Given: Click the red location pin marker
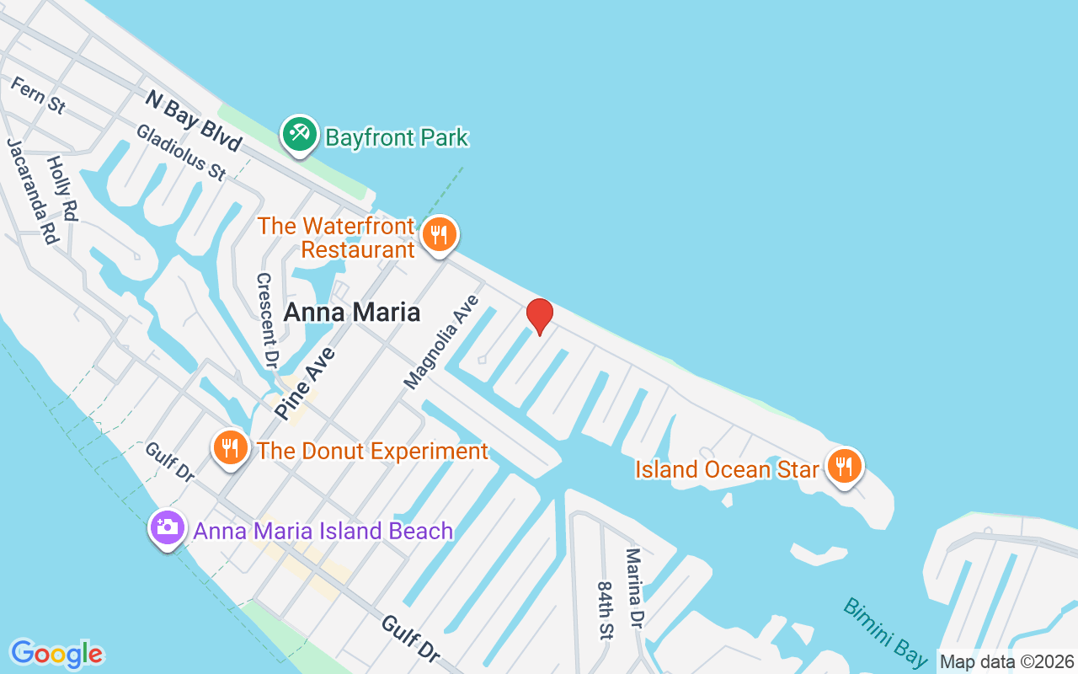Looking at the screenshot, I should (539, 316).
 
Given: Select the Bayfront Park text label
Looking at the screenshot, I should (396, 137).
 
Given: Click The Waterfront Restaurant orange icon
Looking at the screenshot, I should (438, 234).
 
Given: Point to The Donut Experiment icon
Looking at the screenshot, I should (229, 447).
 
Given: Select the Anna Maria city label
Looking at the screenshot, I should (351, 313).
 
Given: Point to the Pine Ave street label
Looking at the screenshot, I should (299, 382).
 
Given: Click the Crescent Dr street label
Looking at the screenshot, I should (267, 321).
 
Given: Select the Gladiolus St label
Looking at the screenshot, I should (181, 152).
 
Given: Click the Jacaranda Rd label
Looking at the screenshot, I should (33, 191).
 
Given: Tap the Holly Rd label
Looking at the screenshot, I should (61, 189).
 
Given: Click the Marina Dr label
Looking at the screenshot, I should (633, 588).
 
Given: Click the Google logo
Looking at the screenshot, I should (56, 654).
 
